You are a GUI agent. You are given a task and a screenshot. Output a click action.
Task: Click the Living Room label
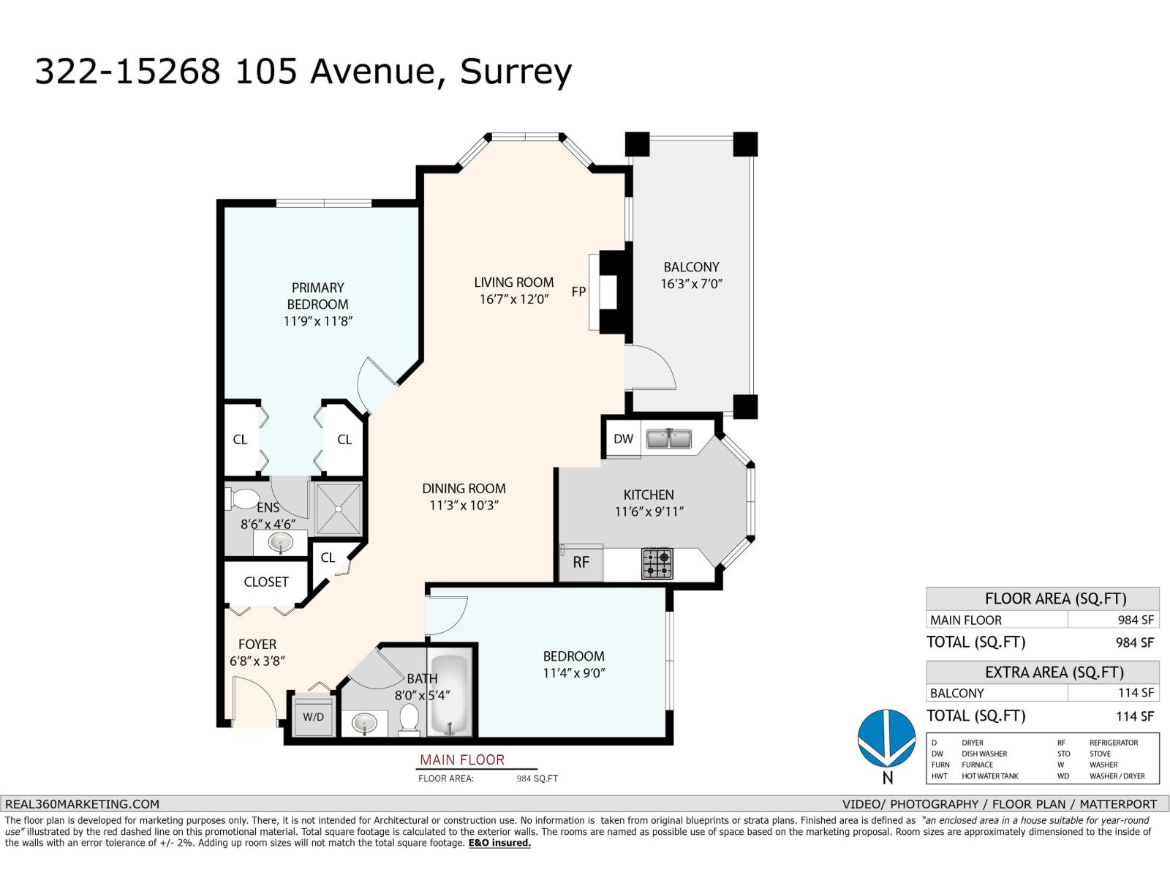point(513,282)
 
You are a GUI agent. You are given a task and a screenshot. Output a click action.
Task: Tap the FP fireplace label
point(578,292)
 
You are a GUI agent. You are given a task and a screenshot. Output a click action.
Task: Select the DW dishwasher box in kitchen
point(623,439)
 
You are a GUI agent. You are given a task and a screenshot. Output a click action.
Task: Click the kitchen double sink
point(669,439)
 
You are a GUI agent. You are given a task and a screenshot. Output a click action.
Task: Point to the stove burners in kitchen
point(657,563)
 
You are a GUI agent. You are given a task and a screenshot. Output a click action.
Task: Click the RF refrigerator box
point(581,563)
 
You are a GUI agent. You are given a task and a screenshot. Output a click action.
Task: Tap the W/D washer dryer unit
point(313,716)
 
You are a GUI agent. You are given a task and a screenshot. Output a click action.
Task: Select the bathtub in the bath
point(450,695)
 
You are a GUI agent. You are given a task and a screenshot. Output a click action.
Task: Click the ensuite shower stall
point(337,508)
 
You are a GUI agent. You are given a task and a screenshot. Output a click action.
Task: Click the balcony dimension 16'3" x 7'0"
point(691,284)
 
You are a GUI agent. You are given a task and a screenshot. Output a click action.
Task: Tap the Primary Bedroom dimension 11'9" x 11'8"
point(318,320)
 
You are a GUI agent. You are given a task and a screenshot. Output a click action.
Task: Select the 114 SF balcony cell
point(1135,693)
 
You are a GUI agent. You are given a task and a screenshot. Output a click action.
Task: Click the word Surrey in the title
point(515,72)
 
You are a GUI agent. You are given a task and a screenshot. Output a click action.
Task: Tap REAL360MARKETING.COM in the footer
point(82,803)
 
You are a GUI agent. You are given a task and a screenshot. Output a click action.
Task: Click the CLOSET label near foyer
point(265,582)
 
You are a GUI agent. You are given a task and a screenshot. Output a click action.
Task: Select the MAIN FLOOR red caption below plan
point(461,760)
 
